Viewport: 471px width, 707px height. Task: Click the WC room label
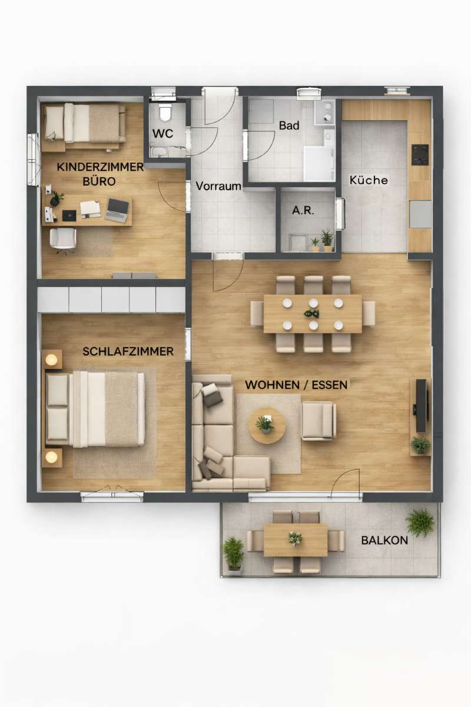click(162, 134)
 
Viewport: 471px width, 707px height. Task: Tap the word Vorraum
click(218, 186)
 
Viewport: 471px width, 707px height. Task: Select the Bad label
click(289, 125)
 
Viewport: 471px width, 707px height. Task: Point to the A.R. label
click(303, 210)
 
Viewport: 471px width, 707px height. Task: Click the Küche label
click(369, 180)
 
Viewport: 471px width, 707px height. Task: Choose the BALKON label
click(384, 540)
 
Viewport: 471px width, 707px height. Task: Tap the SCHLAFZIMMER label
click(128, 352)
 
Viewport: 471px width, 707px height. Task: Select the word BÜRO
click(99, 181)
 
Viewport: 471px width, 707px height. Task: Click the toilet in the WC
click(165, 114)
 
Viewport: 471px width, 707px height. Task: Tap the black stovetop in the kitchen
click(420, 154)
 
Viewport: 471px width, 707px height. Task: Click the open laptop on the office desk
click(117, 210)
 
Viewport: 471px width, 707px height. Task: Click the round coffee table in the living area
click(267, 426)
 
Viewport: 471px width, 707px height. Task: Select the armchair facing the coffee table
click(319, 421)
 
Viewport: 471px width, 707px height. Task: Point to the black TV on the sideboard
click(422, 406)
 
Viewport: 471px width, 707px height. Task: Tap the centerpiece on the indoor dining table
click(311, 313)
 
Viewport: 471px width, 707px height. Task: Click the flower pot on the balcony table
click(295, 538)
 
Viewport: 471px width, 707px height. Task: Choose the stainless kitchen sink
click(420, 214)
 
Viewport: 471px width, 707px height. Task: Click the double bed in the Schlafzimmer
click(95, 409)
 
